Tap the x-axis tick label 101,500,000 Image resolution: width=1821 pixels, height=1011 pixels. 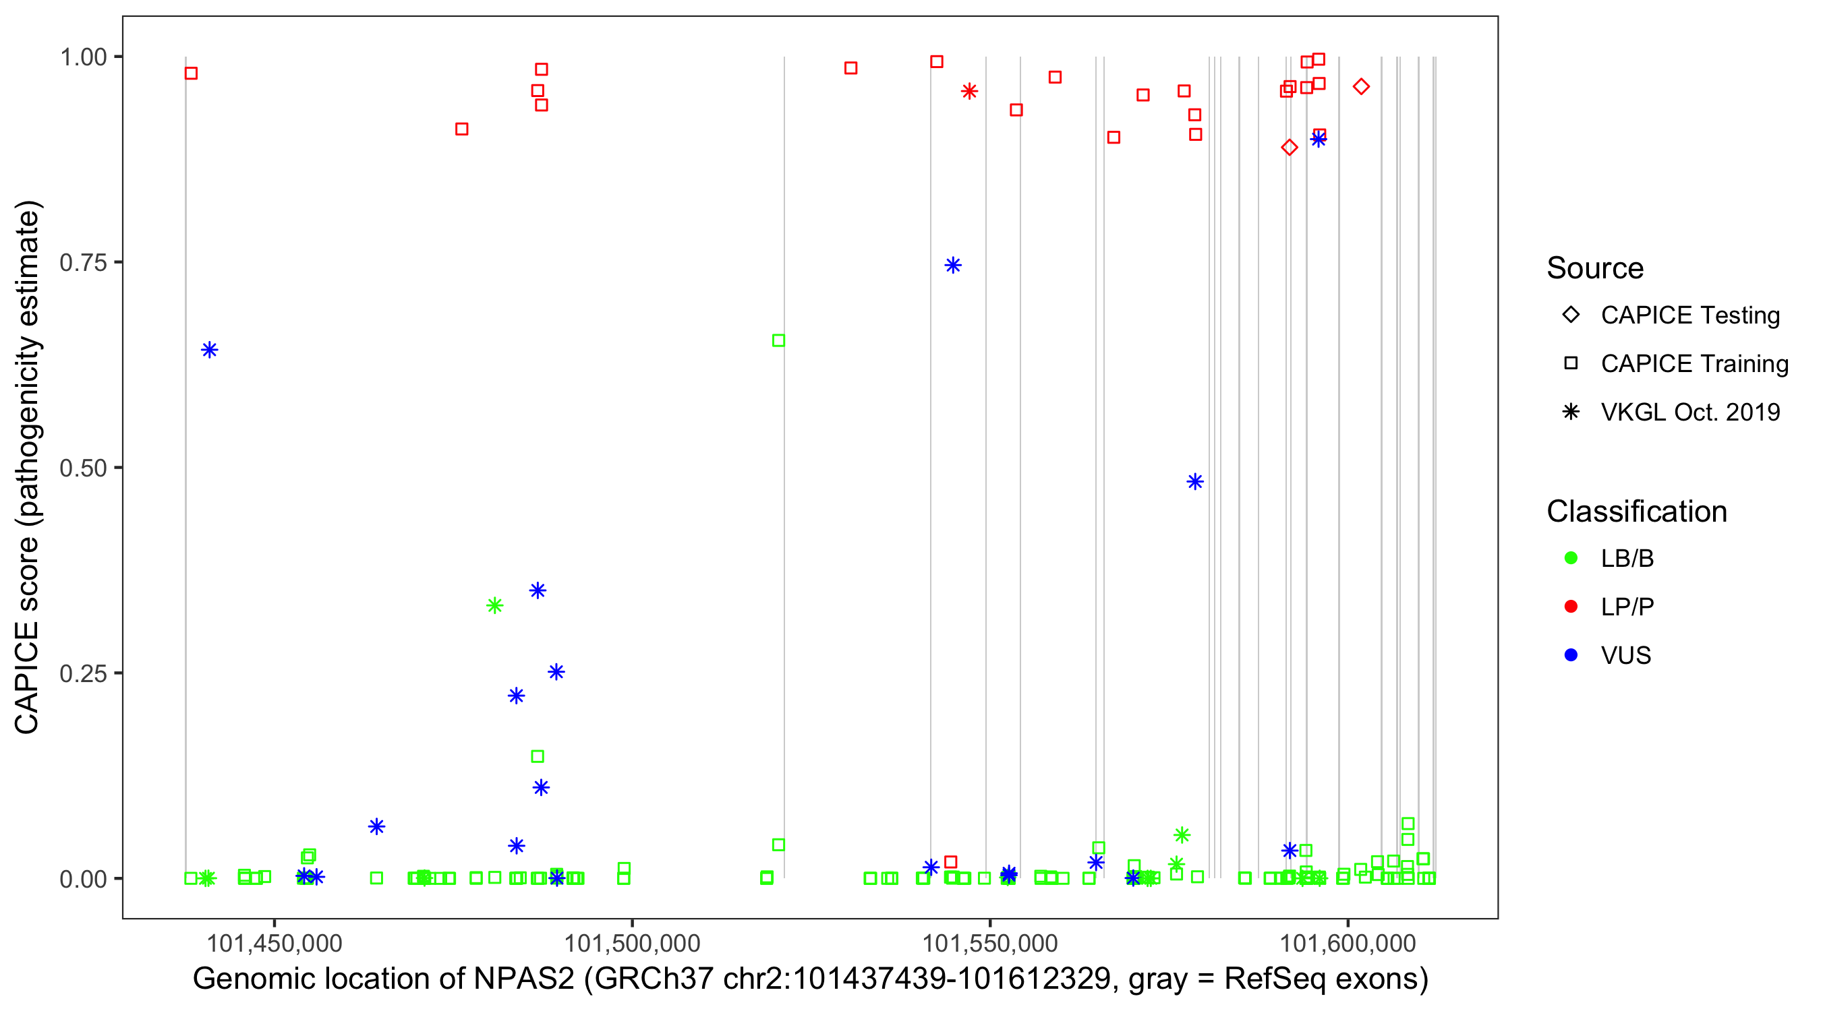[x=631, y=942]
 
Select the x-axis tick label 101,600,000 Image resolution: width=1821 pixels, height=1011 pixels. [x=1348, y=942]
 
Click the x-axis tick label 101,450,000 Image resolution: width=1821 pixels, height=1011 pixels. [x=274, y=942]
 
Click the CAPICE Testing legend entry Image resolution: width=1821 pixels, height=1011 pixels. [x=1689, y=315]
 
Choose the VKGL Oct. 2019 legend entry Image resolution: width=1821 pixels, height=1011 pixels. [x=1689, y=412]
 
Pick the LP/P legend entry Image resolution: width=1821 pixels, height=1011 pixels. [x=1627, y=607]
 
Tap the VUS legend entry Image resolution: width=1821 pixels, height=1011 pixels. [x=1625, y=656]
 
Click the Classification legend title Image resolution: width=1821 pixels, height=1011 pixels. [x=1636, y=512]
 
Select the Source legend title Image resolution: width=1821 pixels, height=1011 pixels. [x=1594, y=268]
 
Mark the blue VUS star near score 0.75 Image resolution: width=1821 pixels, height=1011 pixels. [x=953, y=266]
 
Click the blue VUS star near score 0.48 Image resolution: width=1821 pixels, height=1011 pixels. [x=1194, y=482]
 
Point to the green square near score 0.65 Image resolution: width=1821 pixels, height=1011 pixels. [x=778, y=340]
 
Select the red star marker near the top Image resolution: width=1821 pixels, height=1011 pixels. [x=969, y=91]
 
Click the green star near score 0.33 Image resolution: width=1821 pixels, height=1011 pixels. [x=495, y=605]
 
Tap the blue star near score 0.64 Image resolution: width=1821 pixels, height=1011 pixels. [x=209, y=350]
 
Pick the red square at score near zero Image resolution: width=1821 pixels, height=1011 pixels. [x=951, y=862]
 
